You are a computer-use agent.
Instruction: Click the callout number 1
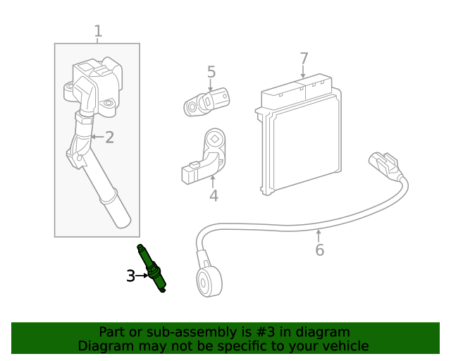click(98, 31)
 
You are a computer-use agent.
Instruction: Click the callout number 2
click(109, 137)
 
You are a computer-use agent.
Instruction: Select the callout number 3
click(130, 276)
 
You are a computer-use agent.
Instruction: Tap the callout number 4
click(214, 195)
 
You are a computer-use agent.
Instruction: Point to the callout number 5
click(211, 72)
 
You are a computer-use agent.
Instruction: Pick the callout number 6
click(319, 250)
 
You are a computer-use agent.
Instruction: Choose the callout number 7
click(304, 58)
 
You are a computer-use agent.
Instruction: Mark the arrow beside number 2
click(97, 137)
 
